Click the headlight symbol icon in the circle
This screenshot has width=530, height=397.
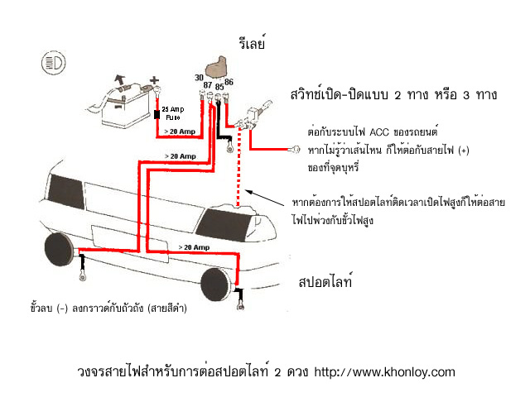click(53, 62)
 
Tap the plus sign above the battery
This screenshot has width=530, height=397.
click(152, 81)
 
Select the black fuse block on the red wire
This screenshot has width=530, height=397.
click(157, 113)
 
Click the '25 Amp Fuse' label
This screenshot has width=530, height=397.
click(173, 112)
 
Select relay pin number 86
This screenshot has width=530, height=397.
click(229, 81)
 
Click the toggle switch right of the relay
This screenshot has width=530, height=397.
click(251, 117)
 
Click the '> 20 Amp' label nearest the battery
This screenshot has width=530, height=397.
click(180, 132)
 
